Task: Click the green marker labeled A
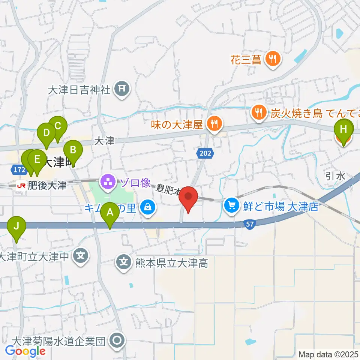pyautogui.click(x=110, y=213)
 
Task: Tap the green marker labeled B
pyautogui.click(x=73, y=150)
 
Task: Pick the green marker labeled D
pyautogui.click(x=46, y=133)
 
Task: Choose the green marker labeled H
pyautogui.click(x=343, y=129)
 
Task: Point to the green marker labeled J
pyautogui.click(x=16, y=226)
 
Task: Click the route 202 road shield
pyautogui.click(x=205, y=153)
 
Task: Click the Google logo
pyautogui.click(x=25, y=351)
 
